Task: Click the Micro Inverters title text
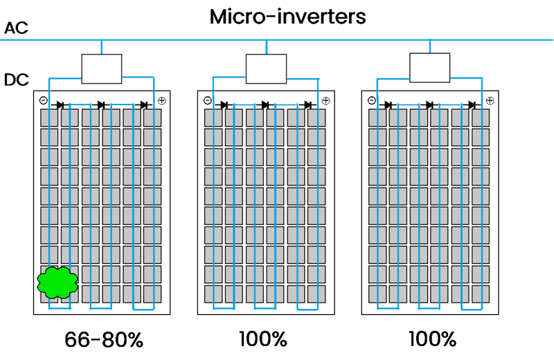click(287, 17)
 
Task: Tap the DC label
click(15, 80)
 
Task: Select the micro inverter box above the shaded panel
click(101, 69)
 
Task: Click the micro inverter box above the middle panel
click(266, 69)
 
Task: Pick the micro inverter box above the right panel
click(429, 68)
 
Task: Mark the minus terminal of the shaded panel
click(43, 101)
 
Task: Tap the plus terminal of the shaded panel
click(162, 101)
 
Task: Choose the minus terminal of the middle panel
click(207, 101)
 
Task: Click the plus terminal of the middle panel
click(326, 101)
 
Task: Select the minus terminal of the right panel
click(371, 101)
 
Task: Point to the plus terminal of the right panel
click(490, 101)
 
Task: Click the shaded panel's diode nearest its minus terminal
click(60, 105)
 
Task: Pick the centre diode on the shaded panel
click(101, 105)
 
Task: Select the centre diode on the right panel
click(429, 105)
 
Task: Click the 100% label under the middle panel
click(263, 340)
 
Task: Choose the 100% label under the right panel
click(431, 340)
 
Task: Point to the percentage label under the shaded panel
click(104, 340)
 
